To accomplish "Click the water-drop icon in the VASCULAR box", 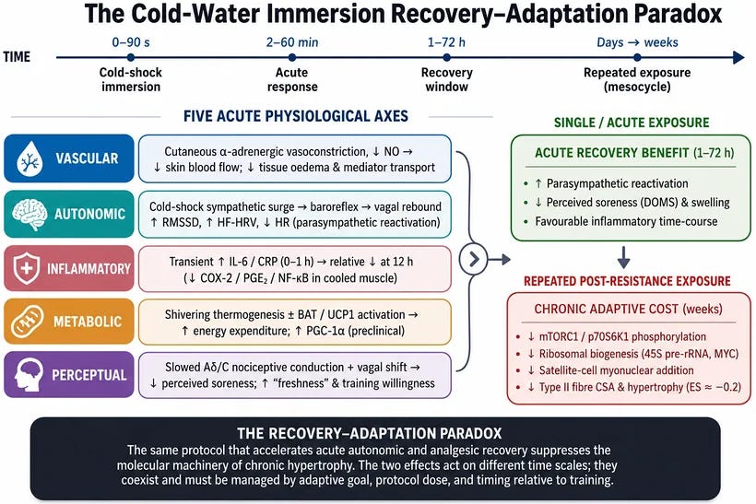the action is click(x=30, y=158).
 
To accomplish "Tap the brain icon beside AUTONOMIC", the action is click(x=30, y=214).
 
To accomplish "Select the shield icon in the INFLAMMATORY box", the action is click(x=27, y=268).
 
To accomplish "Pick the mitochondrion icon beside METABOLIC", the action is click(x=28, y=322).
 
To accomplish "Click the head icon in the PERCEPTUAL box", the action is click(x=29, y=374).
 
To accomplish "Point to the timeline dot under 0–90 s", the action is click(x=131, y=57).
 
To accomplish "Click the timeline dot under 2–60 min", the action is click(x=291, y=57).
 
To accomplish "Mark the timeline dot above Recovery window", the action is click(x=446, y=57).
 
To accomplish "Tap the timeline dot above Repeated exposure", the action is click(x=637, y=57).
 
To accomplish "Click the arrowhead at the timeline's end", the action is click(x=738, y=57).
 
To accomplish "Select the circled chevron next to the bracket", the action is click(x=474, y=259).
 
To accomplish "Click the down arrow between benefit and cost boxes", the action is click(x=623, y=257).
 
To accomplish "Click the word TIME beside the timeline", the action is click(x=17, y=57).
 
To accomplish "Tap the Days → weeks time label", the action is click(x=637, y=42).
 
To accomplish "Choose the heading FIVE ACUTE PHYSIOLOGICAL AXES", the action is click(x=296, y=116).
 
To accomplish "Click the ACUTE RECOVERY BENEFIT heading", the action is click(x=634, y=153).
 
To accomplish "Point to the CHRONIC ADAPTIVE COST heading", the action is click(x=628, y=309).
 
